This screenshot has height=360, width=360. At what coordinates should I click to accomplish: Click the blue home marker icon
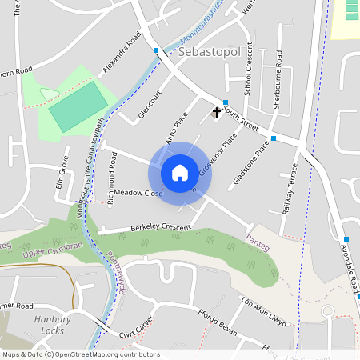(x=180, y=172)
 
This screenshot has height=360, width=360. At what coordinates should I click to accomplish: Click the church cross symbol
(x=215, y=113)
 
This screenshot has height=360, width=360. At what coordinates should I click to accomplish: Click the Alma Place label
(x=176, y=129)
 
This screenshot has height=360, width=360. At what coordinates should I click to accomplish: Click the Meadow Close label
(x=138, y=194)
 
